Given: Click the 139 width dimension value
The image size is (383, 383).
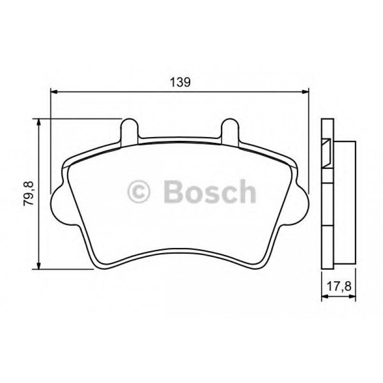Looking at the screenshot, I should (180, 82).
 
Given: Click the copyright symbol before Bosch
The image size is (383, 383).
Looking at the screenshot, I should (139, 192).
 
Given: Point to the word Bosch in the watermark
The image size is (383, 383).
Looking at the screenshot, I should (209, 192).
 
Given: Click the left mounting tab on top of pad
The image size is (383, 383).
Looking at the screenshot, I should (129, 129).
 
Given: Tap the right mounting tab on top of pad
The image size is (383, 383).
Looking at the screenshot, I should (230, 129).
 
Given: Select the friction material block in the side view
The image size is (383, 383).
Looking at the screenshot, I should (345, 202).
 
